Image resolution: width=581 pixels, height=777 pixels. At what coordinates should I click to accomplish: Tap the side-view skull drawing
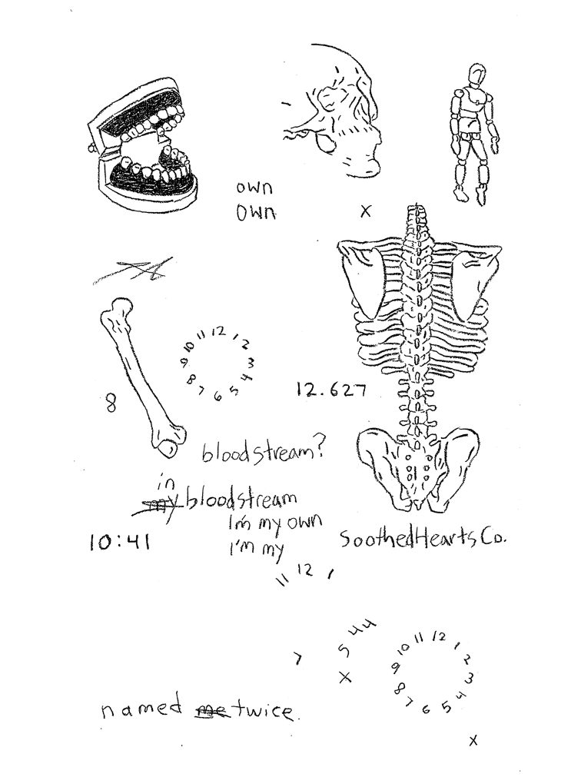338,115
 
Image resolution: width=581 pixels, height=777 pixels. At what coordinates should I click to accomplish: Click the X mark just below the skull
366,210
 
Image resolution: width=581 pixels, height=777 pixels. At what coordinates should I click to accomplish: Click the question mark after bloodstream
321,451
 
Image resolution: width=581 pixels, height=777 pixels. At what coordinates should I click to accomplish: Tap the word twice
265,711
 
